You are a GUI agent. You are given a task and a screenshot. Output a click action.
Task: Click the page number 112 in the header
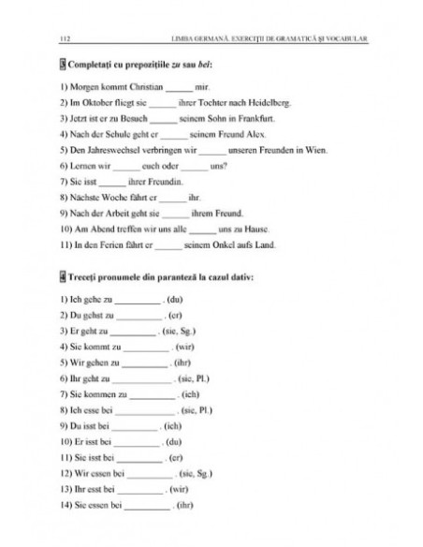pyautogui.click(x=63, y=39)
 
